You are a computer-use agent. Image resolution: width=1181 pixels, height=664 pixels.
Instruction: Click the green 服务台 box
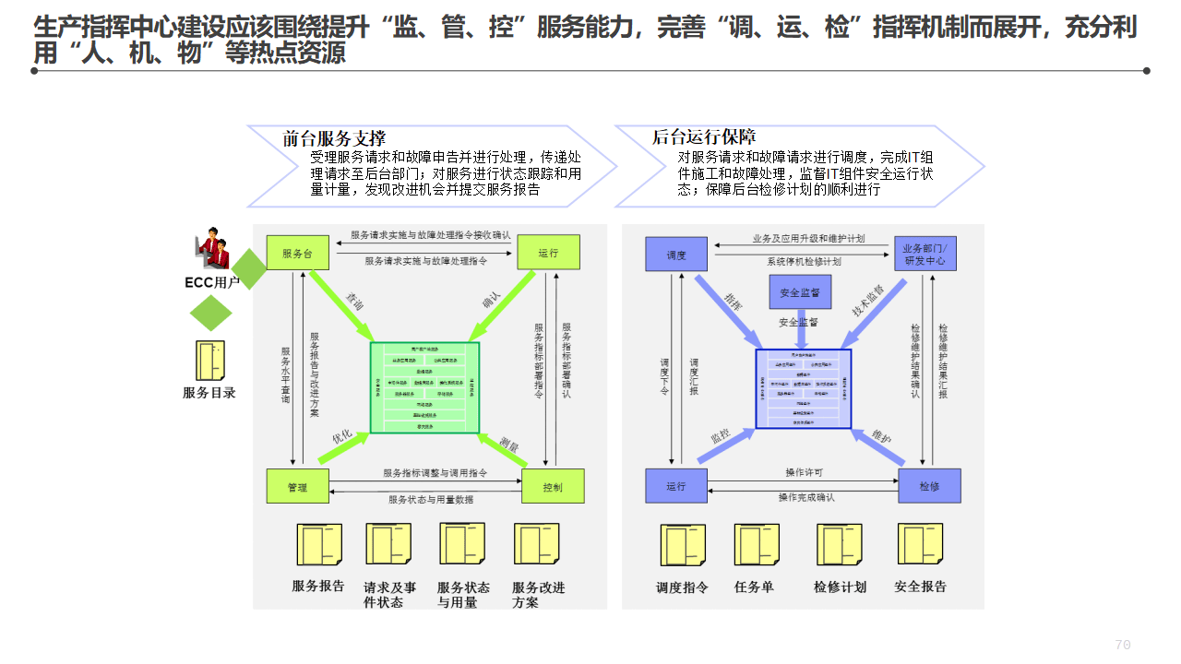coord(297,253)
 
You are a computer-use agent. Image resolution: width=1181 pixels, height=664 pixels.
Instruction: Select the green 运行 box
coord(548,253)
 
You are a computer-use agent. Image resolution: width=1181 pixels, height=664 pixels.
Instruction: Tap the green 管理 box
coord(297,486)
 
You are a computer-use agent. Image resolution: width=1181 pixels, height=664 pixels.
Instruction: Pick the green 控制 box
coord(553,486)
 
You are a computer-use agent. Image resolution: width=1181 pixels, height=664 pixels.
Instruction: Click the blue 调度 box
coord(676,255)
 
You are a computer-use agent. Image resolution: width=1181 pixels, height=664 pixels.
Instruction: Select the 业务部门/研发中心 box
coord(925,254)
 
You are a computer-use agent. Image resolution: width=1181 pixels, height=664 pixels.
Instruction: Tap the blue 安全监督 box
coord(800,292)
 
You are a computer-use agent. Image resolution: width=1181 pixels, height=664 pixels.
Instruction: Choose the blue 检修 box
coord(929,486)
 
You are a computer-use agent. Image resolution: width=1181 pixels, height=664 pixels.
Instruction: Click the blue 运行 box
coord(676,486)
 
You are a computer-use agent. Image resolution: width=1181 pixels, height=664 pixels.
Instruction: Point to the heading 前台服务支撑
coord(334,139)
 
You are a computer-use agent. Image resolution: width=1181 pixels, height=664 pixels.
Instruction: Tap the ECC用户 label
coord(212,282)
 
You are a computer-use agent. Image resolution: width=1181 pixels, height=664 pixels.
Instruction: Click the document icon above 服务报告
coord(318,544)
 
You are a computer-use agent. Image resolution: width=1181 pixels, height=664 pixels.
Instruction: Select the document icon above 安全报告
coord(920,544)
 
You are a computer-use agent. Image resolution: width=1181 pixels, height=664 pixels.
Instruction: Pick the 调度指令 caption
coord(682,587)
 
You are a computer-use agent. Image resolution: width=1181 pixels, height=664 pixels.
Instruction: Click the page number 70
coord(1122,645)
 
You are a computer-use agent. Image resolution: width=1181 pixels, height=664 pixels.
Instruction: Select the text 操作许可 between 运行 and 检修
coord(804,473)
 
